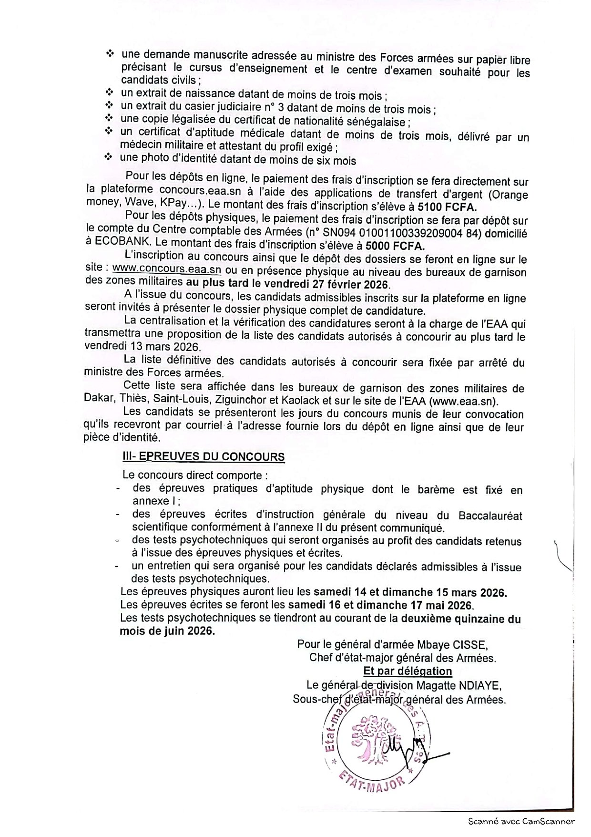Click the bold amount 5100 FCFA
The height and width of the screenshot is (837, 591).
[447, 207]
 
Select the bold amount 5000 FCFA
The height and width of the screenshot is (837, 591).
[395, 246]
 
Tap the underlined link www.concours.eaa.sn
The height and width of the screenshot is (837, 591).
[167, 269]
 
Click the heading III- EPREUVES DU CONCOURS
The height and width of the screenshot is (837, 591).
[204, 456]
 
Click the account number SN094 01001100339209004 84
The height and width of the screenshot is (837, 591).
[428, 233]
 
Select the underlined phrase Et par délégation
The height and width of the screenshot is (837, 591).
[408, 672]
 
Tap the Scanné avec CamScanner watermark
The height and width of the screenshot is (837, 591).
[521, 821]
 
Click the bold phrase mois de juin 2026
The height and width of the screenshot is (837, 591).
[167, 631]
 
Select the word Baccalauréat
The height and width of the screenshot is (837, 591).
[490, 516]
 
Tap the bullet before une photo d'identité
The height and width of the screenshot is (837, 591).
[109, 156]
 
